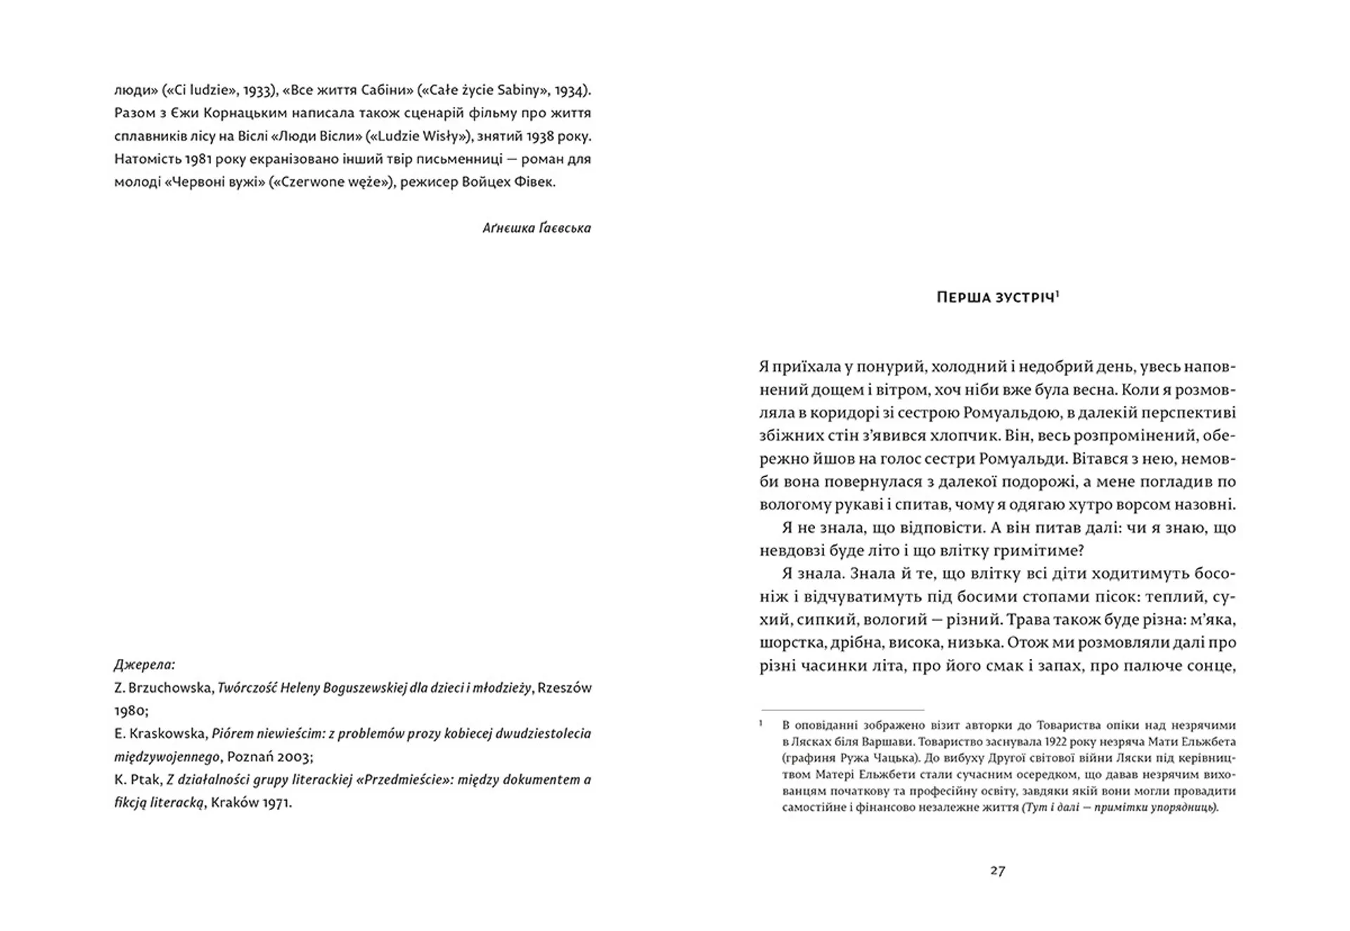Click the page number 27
(998, 871)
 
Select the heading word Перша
(963, 298)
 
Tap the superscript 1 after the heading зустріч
(1057, 294)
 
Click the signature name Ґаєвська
(565, 228)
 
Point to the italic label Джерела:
(145, 664)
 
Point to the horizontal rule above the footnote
(842, 710)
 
